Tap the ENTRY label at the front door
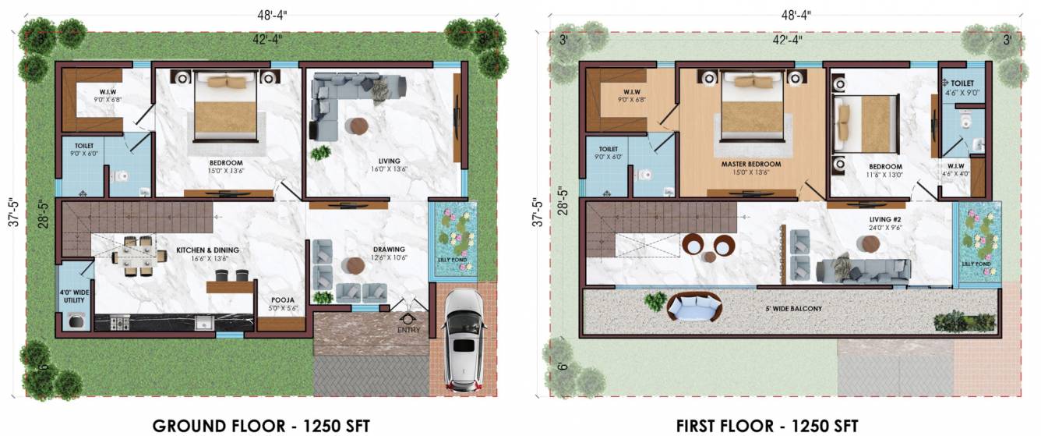[408, 329]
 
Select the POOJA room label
[281, 300]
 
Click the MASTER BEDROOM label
[750, 165]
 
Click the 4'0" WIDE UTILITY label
[76, 297]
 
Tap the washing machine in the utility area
[76, 321]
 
